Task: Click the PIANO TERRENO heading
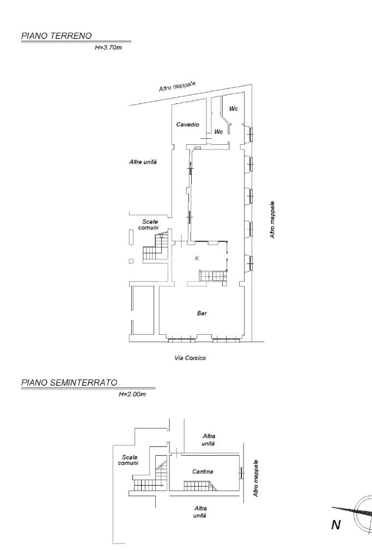pyautogui.click(x=56, y=35)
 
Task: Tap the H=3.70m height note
pyautogui.click(x=108, y=47)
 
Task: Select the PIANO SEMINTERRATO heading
pyautogui.click(x=69, y=383)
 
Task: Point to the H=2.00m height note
pyautogui.click(x=132, y=394)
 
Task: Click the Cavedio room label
pyautogui.click(x=187, y=125)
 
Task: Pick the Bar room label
pyautogui.click(x=202, y=313)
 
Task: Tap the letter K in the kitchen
pyautogui.click(x=197, y=259)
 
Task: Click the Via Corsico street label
pyautogui.click(x=190, y=358)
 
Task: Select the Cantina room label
pyautogui.click(x=203, y=471)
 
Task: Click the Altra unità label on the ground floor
pyautogui.click(x=143, y=162)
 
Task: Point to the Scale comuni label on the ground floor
pyautogui.click(x=148, y=225)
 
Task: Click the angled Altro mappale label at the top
pyautogui.click(x=177, y=86)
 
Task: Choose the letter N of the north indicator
pyautogui.click(x=336, y=525)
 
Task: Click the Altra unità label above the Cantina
pyautogui.click(x=209, y=440)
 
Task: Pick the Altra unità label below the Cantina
pyautogui.click(x=200, y=512)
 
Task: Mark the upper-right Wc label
pyautogui.click(x=234, y=108)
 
